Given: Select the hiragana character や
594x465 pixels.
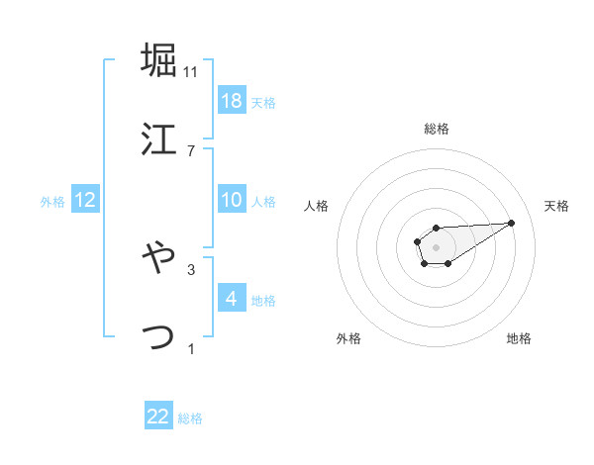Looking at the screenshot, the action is pyautogui.click(x=158, y=257).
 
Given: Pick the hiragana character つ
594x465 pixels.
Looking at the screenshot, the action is pyautogui.click(x=158, y=336).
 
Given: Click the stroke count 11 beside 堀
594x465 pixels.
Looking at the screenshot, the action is pyautogui.click(x=191, y=71).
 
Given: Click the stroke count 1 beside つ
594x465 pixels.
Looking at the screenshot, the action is pyautogui.click(x=191, y=348).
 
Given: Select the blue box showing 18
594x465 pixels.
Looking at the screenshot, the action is pyautogui.click(x=231, y=101).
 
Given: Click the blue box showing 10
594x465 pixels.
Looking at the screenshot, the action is pyautogui.click(x=231, y=200).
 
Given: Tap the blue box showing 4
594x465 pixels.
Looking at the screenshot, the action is pyautogui.click(x=231, y=298).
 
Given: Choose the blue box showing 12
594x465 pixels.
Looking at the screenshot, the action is pyautogui.click(x=85, y=200).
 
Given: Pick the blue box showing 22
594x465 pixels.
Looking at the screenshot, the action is pyautogui.click(x=158, y=417).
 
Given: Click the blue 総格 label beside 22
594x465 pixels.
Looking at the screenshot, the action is pyautogui.click(x=190, y=418).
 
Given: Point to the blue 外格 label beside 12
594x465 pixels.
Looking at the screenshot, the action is pyautogui.click(x=52, y=202).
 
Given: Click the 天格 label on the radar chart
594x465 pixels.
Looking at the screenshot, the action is pyautogui.click(x=557, y=206).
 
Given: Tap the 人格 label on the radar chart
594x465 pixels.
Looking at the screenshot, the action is pyautogui.click(x=317, y=206).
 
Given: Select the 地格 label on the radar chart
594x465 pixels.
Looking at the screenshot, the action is pyautogui.click(x=519, y=338).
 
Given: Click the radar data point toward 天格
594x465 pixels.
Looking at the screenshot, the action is pyautogui.click(x=512, y=222).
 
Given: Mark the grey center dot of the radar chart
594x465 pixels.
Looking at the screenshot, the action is pyautogui.click(x=436, y=246).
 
